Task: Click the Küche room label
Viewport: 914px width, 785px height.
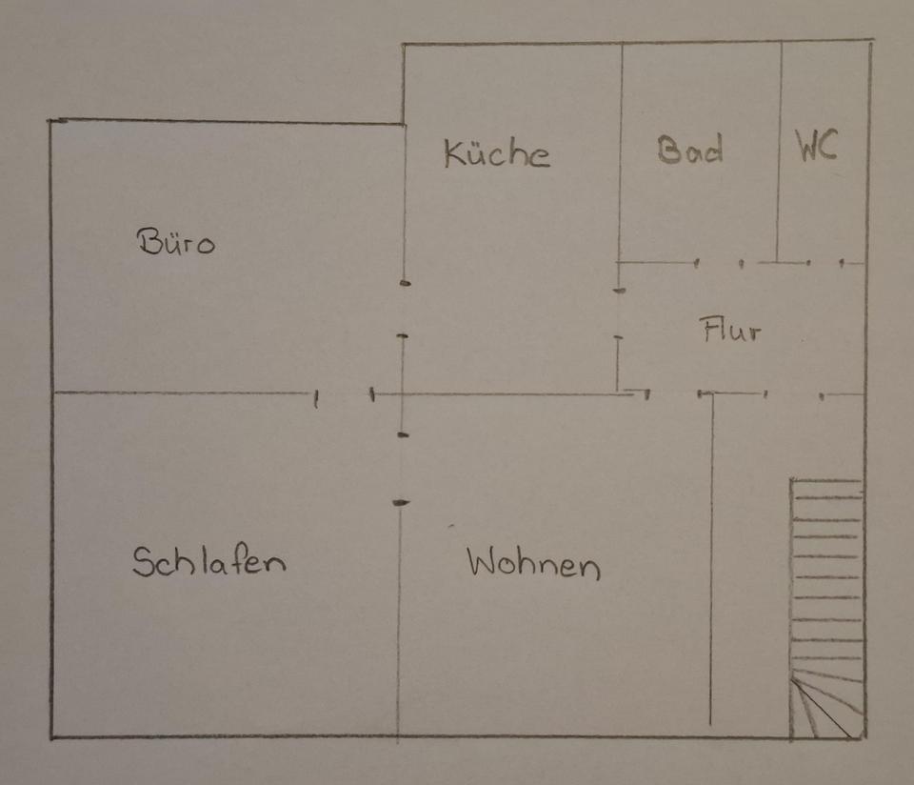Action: click(x=496, y=153)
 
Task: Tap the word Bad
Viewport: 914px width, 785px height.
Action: click(x=690, y=150)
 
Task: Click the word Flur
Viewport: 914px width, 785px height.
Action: click(x=731, y=331)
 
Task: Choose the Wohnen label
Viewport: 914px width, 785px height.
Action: click(x=533, y=564)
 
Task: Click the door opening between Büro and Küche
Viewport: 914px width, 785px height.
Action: click(x=404, y=310)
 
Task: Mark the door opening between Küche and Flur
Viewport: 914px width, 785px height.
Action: click(x=619, y=313)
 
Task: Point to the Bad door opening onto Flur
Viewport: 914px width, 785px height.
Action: click(x=719, y=262)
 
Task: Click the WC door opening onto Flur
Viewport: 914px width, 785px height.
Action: click(x=825, y=262)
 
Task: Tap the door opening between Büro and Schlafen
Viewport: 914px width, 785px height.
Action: click(x=344, y=394)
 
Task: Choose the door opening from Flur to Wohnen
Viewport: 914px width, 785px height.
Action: click(x=674, y=393)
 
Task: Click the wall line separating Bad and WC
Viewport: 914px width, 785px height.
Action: click(x=780, y=152)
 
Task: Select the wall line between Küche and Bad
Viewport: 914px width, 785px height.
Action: click(x=622, y=152)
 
